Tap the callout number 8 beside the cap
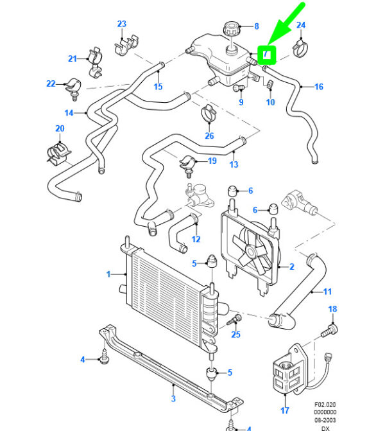tap(256, 26)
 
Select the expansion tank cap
tap(230, 30)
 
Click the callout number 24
tap(300, 26)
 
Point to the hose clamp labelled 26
tap(209, 114)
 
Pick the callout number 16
tap(318, 87)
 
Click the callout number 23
tap(122, 24)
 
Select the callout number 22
tap(51, 84)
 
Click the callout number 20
tap(60, 128)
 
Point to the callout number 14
tap(69, 114)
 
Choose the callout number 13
tap(234, 165)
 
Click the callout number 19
tap(212, 161)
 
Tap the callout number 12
tap(196, 239)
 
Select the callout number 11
tap(327, 292)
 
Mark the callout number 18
tap(332, 310)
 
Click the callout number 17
tap(285, 410)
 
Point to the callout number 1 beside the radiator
tap(108, 274)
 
